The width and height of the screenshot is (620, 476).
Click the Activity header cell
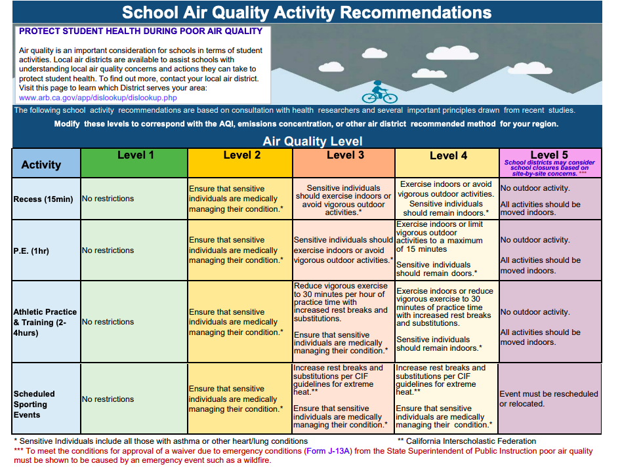tap(41, 165)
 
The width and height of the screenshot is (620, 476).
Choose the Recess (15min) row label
tap(45, 199)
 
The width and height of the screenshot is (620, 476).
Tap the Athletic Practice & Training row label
tap(45, 322)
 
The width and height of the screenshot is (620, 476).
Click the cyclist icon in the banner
tap(379, 92)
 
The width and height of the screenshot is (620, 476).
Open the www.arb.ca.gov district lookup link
tap(98, 97)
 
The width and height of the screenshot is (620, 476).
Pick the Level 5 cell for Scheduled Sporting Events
tap(550, 399)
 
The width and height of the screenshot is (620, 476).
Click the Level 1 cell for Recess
tap(134, 199)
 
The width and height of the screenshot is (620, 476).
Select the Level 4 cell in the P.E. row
tap(447, 249)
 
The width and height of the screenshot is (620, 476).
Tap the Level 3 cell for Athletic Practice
tap(343, 321)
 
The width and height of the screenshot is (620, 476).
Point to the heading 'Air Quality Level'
tap(312, 141)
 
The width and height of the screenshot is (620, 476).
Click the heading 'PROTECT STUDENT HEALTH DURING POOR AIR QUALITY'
tap(140, 31)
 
